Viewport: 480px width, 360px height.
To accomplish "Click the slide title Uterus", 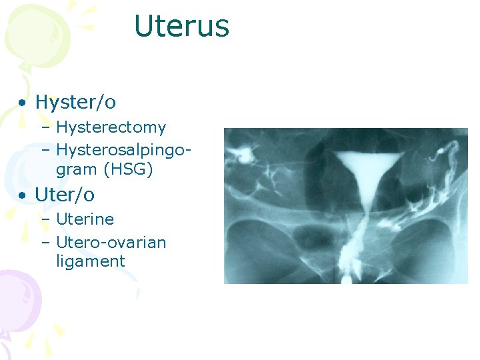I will pyautogui.click(x=181, y=27).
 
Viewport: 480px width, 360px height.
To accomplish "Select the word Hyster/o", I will pyautogui.click(x=75, y=102).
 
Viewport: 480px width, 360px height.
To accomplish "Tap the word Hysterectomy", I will pyautogui.click(x=111, y=127).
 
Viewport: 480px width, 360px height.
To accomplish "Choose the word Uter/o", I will pyautogui.click(x=65, y=195).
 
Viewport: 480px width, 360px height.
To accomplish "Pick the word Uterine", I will pyautogui.click(x=85, y=219).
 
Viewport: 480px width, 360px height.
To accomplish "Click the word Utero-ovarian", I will pyautogui.click(x=111, y=242).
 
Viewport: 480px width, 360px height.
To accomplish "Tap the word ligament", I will pyautogui.click(x=90, y=261).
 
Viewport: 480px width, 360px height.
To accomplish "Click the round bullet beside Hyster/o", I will pyautogui.click(x=23, y=103).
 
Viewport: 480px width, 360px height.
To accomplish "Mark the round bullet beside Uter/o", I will pyautogui.click(x=23, y=196).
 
